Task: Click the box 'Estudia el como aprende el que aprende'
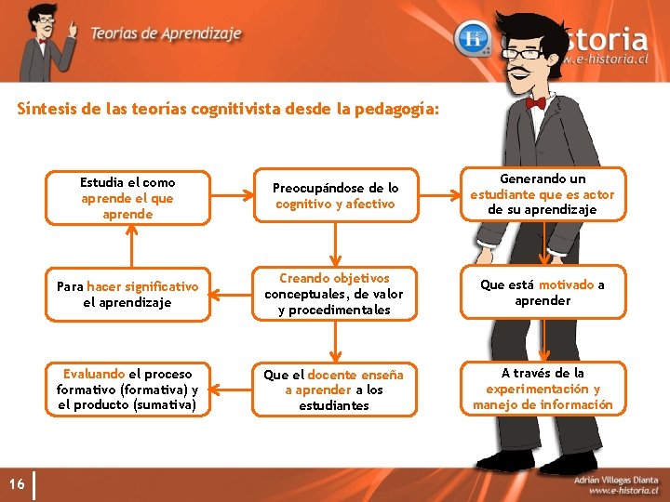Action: click(x=127, y=198)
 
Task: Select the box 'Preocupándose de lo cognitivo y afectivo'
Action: click(x=335, y=196)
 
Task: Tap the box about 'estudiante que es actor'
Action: click(x=543, y=194)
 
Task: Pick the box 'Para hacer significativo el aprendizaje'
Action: click(x=127, y=295)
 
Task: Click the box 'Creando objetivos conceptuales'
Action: click(x=334, y=294)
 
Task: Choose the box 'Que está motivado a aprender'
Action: click(x=543, y=293)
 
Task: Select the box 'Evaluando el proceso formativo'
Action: click(x=127, y=390)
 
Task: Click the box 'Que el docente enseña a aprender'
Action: click(x=334, y=390)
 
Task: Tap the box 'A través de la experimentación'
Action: click(x=543, y=389)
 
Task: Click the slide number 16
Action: click(x=17, y=483)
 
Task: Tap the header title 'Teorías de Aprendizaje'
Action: click(x=166, y=33)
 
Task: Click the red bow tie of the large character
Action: click(x=536, y=102)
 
